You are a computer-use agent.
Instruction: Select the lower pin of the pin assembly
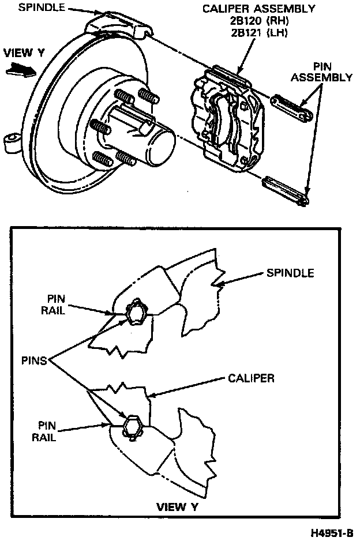coord(286,191)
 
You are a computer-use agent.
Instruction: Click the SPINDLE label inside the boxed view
coord(290,273)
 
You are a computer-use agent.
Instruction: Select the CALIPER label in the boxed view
coord(250,378)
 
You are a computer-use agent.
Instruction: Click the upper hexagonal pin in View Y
coord(137,313)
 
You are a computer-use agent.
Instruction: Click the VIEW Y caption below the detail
coord(179,507)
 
